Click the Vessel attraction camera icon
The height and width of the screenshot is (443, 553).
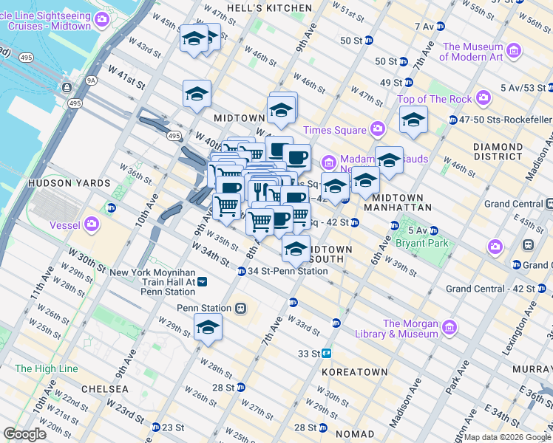[x=92, y=224]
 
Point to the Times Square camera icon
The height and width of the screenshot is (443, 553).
[x=378, y=130]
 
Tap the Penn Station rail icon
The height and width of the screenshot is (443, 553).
[x=240, y=308]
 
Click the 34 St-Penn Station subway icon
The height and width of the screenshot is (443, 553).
[x=242, y=271]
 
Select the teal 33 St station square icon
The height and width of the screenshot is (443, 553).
[x=325, y=354]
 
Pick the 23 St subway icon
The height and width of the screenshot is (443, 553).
[x=156, y=427]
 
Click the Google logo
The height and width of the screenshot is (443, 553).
[x=24, y=434]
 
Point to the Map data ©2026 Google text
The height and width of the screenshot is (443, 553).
[x=506, y=437]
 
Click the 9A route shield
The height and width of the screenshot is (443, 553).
[x=91, y=80]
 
